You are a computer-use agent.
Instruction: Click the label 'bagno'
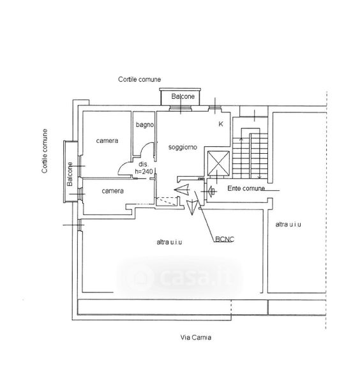[145, 125]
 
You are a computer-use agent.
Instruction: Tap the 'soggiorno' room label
[183, 147]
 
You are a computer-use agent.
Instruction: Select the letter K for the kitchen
[221, 124]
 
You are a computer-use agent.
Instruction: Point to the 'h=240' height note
[144, 172]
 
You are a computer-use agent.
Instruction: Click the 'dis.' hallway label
[144, 165]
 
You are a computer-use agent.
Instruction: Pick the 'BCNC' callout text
[225, 239]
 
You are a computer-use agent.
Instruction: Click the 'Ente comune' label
[246, 188]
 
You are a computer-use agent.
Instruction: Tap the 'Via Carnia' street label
[195, 337]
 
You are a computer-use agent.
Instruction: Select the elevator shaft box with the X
[218, 163]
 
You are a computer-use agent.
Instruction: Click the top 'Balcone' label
[183, 96]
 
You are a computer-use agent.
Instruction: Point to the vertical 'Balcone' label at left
[70, 174]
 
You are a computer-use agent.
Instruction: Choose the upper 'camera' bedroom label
[107, 140]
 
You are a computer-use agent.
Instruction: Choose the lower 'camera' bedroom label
[112, 191]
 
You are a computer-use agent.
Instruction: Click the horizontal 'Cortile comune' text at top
[139, 79]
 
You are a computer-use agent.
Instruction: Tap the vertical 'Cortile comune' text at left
[45, 151]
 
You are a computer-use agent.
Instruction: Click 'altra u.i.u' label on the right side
[289, 225]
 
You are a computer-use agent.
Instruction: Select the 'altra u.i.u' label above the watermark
[169, 242]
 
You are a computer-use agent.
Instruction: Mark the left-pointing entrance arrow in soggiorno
[182, 190]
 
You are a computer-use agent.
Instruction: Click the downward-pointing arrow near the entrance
[192, 207]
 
